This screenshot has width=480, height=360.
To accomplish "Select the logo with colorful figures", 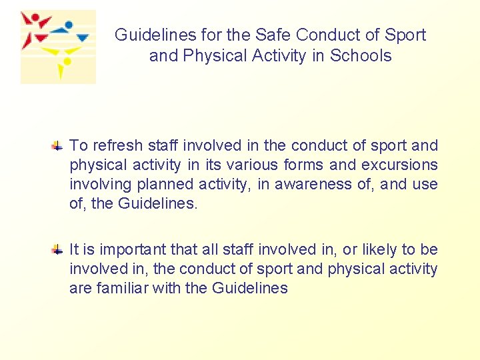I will tap(58, 47).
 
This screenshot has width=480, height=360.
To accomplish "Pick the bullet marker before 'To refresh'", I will tap(59, 145).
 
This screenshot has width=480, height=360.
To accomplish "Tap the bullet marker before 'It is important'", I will tap(59, 249).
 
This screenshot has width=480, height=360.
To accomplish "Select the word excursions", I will tap(399, 165).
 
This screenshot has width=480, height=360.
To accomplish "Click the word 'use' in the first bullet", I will tap(425, 184).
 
